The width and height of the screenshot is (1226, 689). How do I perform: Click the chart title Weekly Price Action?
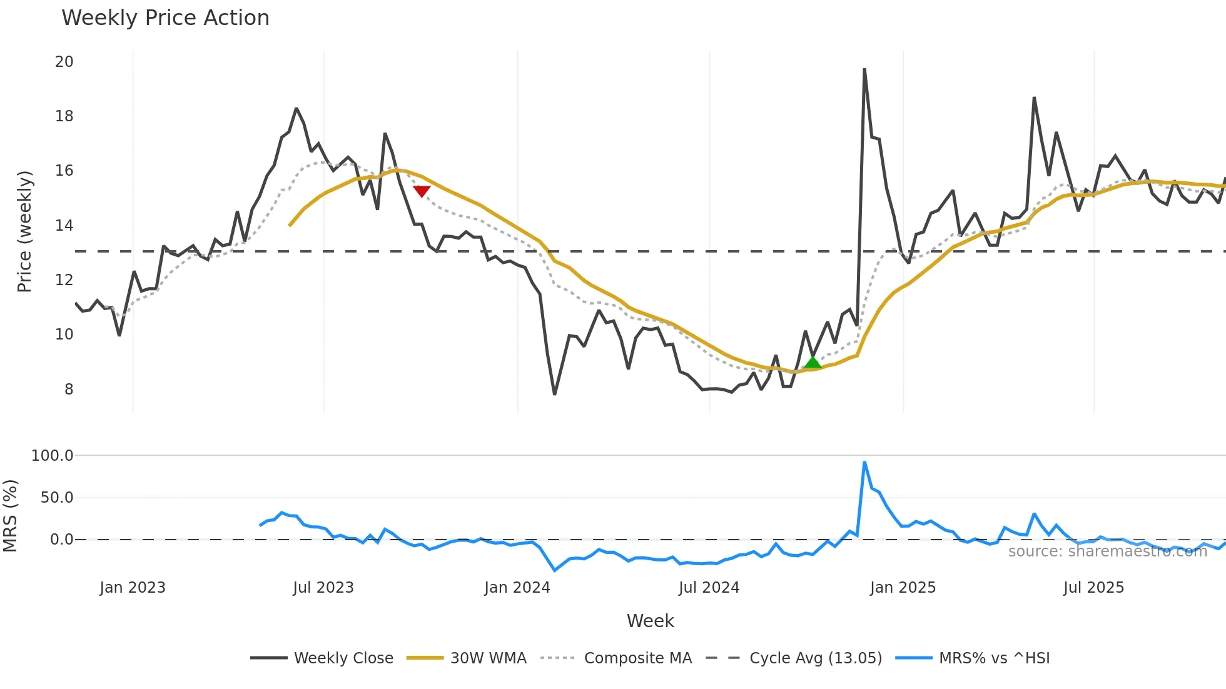pyautogui.click(x=165, y=18)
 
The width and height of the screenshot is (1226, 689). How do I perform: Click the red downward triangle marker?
pyautogui.click(x=422, y=191)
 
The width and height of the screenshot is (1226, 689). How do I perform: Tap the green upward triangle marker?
pyautogui.click(x=812, y=363)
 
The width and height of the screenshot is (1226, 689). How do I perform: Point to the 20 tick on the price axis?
pyautogui.click(x=64, y=62)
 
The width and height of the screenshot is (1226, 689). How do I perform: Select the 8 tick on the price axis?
pyautogui.click(x=68, y=390)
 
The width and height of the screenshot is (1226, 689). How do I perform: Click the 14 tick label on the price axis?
pyautogui.click(x=64, y=226)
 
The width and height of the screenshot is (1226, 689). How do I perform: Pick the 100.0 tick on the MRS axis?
pyautogui.click(x=53, y=456)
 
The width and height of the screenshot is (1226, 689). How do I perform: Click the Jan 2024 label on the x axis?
pyautogui.click(x=517, y=588)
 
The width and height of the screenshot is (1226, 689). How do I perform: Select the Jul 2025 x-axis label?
pyautogui.click(x=1093, y=588)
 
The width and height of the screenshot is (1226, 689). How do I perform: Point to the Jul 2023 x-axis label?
pyautogui.click(x=323, y=588)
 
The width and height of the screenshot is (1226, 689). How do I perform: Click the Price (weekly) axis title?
pyautogui.click(x=24, y=231)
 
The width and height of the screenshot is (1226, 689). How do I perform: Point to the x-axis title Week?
pyautogui.click(x=650, y=621)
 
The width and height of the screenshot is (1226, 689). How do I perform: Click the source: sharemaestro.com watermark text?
pyautogui.click(x=1107, y=551)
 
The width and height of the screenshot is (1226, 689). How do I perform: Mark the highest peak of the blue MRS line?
pyautogui.click(x=864, y=463)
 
